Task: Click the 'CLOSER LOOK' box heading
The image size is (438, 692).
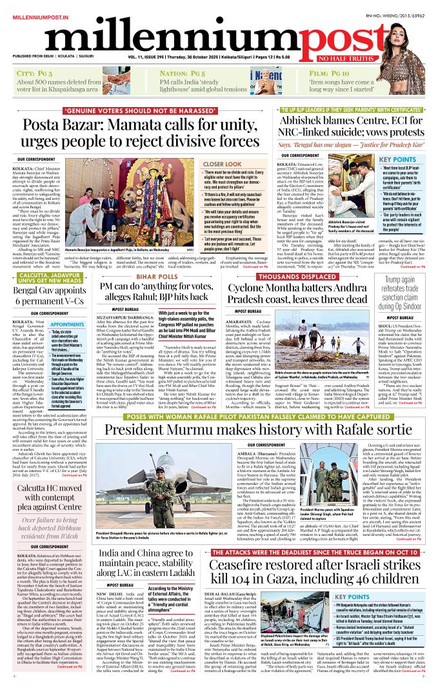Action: pyautogui.click(x=204, y=164)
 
